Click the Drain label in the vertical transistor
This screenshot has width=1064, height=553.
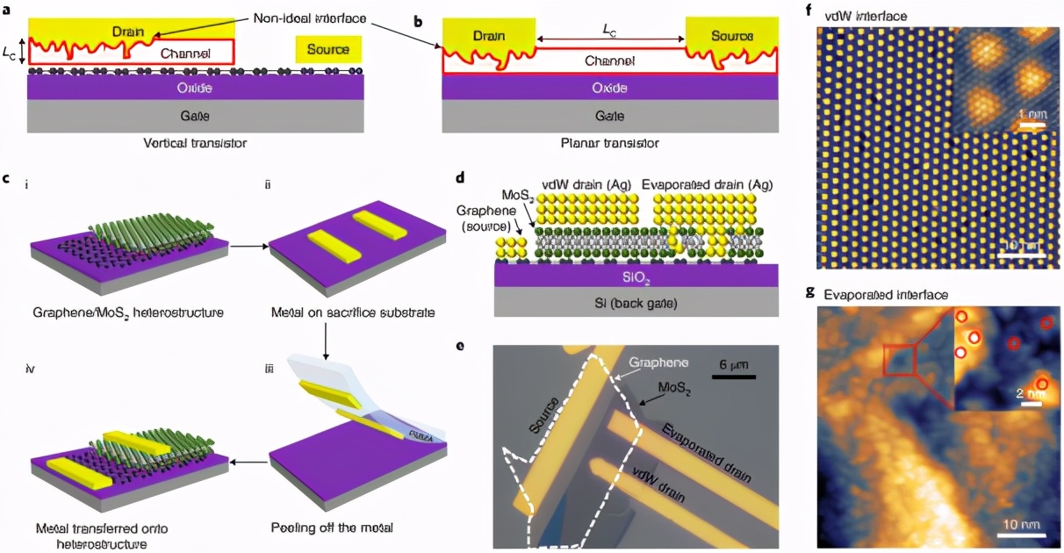[128, 32]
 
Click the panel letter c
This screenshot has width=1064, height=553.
[7, 179]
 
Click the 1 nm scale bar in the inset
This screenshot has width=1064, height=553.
[1033, 126]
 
